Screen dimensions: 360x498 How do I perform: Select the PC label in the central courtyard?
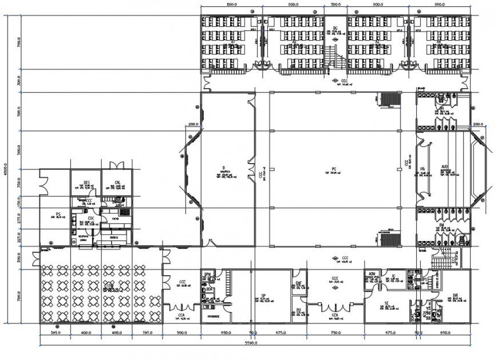point(334,169)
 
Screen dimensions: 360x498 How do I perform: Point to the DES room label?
point(86,183)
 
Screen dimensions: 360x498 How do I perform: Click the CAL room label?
point(117,183)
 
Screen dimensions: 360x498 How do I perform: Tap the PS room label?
point(58,215)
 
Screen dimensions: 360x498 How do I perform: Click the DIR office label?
point(455,296)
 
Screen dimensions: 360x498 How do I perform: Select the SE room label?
point(387,304)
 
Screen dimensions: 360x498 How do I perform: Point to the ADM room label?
point(371,274)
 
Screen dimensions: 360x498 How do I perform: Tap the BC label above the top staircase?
point(335,27)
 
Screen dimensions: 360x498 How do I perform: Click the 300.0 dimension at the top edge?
point(335,3)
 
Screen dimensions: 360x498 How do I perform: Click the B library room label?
point(222,168)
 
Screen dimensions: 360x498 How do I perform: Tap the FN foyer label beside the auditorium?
point(422,169)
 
